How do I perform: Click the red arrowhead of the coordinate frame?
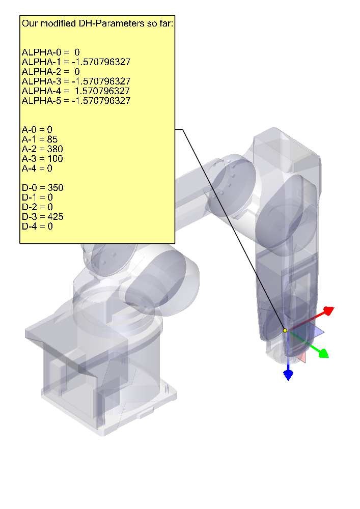tap(329, 310)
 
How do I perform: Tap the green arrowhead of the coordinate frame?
tap(323, 353)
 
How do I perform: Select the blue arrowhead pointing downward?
tap(288, 375)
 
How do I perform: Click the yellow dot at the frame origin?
tap(285, 330)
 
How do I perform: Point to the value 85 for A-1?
tap(52, 139)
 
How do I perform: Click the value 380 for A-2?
tap(55, 149)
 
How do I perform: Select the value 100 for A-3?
tap(55, 159)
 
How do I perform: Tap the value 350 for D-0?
tap(56, 188)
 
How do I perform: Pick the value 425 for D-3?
tap(56, 217)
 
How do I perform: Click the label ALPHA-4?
tap(41, 91)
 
